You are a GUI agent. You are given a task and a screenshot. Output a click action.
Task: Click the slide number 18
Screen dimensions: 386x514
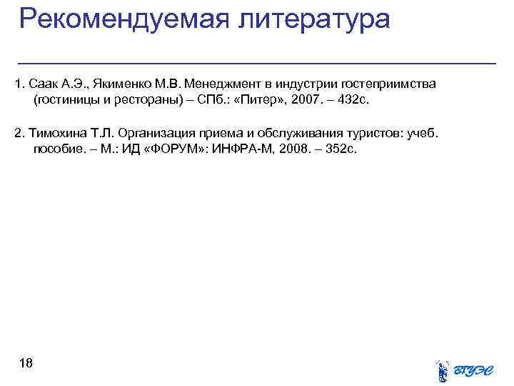pos(26,364)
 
